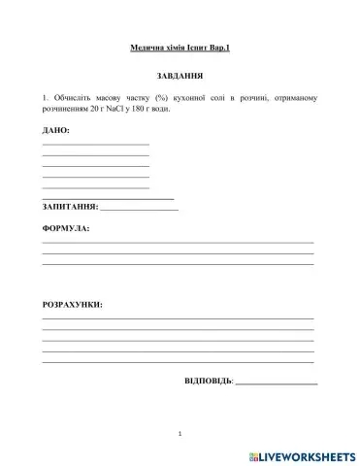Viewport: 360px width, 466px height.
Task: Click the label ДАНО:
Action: click(56, 129)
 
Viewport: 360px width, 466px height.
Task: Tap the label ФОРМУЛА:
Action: click(65, 229)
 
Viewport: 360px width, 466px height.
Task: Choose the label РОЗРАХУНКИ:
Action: click(72, 305)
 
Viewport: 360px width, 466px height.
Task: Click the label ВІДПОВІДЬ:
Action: click(209, 380)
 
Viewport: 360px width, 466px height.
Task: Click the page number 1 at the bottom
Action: click(180, 433)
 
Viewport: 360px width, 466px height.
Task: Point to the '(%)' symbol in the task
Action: click(161, 98)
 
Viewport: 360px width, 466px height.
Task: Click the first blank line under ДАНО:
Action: click(95, 144)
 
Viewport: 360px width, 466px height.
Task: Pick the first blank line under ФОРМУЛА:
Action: click(178, 242)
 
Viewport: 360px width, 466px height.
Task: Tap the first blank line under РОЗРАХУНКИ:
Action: click(178, 318)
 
